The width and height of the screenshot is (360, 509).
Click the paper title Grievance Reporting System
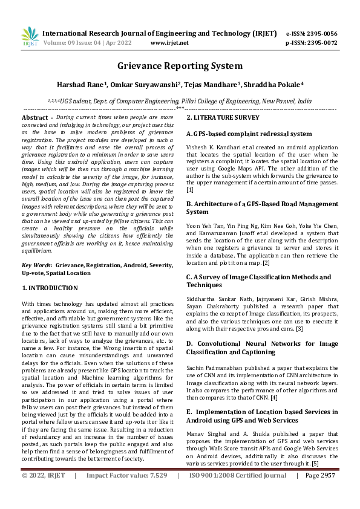(180, 66)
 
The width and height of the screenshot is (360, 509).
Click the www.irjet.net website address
(169, 43)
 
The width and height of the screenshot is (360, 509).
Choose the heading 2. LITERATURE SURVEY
(223, 117)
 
